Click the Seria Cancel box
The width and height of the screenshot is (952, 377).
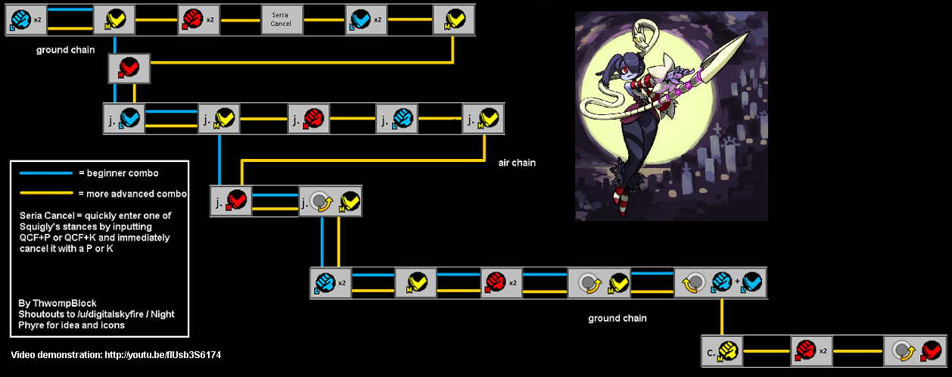[282, 20]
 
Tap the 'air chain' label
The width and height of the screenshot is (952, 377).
[517, 163]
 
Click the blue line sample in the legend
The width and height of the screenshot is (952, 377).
[46, 173]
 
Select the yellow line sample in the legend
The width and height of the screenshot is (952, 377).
[46, 193]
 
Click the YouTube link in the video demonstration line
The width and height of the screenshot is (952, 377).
[163, 355]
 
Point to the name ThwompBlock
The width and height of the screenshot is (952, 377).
[64, 303]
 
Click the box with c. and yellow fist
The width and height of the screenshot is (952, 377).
[722, 351]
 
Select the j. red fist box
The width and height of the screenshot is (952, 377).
[309, 119]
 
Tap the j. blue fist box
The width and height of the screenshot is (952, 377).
[397, 119]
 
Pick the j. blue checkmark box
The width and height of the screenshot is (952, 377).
[125, 119]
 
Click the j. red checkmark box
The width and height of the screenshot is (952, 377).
[232, 201]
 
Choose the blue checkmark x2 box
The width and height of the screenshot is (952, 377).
[366, 20]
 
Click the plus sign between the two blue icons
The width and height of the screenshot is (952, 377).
[737, 281]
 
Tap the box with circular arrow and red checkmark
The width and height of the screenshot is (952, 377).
[916, 351]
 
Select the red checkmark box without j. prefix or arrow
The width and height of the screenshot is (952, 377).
[129, 68]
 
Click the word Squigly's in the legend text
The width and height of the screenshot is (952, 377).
[39, 226]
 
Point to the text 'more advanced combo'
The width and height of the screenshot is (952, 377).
[136, 194]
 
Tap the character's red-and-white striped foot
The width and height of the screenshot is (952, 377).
[621, 201]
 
